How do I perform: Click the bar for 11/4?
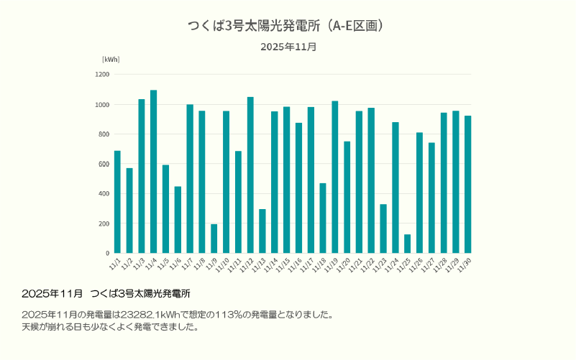click(x=154, y=172)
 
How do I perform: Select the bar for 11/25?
click(x=407, y=244)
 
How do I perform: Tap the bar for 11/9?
click(x=214, y=239)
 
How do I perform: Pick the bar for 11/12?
click(x=250, y=175)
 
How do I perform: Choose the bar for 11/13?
click(x=262, y=231)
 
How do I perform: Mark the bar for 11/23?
click(x=383, y=229)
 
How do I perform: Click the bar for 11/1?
click(x=117, y=202)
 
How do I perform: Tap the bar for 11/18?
click(x=323, y=218)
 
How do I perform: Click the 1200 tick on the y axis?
click(x=102, y=75)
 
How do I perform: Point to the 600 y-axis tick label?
click(x=104, y=164)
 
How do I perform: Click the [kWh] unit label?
click(x=111, y=59)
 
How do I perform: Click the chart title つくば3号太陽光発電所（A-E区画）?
click(x=288, y=26)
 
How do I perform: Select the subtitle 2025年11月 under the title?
click(x=288, y=47)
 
